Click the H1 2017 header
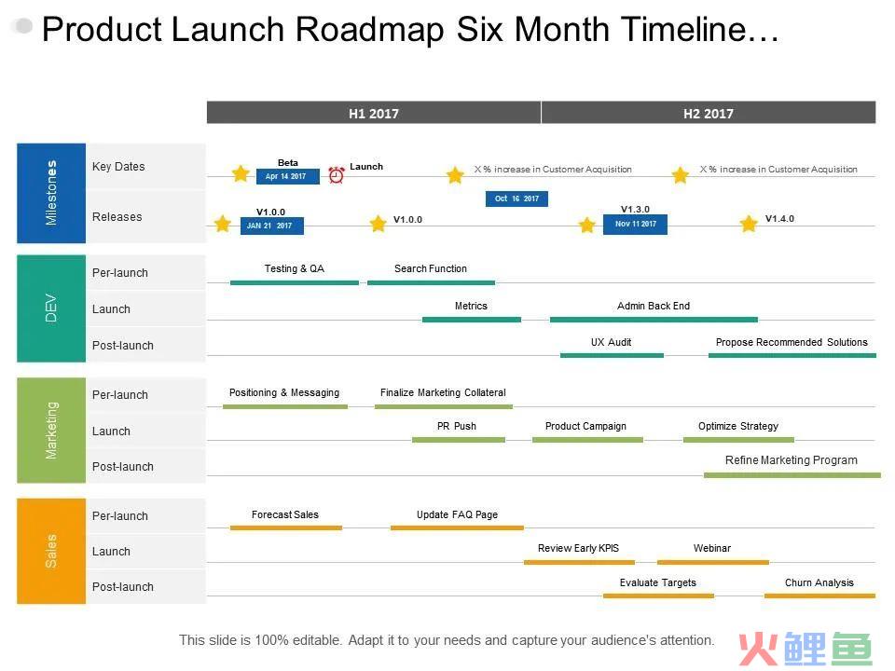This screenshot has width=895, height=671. pyautogui.click(x=373, y=113)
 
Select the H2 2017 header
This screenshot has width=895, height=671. pyautogui.click(x=709, y=113)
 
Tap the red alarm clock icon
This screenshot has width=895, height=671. pyautogui.click(x=337, y=174)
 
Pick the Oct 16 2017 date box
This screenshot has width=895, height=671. pyautogui.click(x=516, y=199)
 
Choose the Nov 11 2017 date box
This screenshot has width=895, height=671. pyautogui.click(x=635, y=225)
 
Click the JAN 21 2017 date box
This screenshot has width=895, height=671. pyautogui.click(x=271, y=226)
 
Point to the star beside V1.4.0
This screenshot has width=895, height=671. pyautogui.click(x=749, y=224)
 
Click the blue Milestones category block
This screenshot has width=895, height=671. pyautogui.click(x=51, y=193)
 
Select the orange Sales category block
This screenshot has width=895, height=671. pyautogui.click(x=51, y=551)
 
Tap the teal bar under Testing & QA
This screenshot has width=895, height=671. pyautogui.click(x=295, y=282)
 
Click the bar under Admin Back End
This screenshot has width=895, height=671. pyautogui.click(x=654, y=320)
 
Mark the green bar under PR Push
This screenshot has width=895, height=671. pyautogui.click(x=459, y=440)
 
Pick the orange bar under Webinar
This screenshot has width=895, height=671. pyautogui.click(x=713, y=562)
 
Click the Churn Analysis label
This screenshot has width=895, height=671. pyautogui.click(x=819, y=582)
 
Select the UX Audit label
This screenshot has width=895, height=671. pyautogui.click(x=611, y=342)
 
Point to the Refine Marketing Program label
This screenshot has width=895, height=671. pyautogui.click(x=792, y=459)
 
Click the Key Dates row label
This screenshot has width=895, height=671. pyautogui.click(x=118, y=167)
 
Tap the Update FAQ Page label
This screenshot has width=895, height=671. pyautogui.click(x=457, y=514)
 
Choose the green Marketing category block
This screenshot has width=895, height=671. pyautogui.click(x=51, y=431)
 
